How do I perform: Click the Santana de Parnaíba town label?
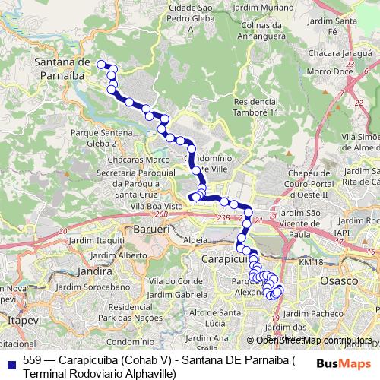tap(63, 68)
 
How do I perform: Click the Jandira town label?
tap(95, 270)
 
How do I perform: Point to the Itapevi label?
tap(17, 323)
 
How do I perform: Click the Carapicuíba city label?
tap(221, 258)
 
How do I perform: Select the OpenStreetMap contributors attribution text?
tap(313, 340)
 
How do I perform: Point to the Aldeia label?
tap(195, 239)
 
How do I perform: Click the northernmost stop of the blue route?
tap(101, 65)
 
